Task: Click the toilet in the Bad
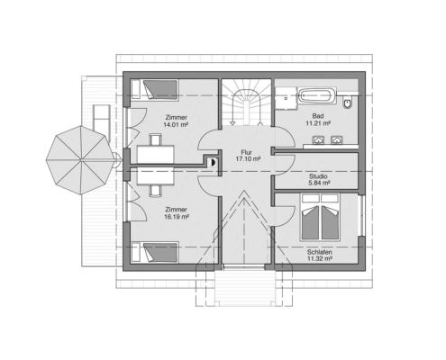coord(348,103)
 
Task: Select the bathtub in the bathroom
coord(317,95)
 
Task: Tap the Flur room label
coord(246,152)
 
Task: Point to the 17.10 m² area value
coord(248,159)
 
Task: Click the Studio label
coord(318,176)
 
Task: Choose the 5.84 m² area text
coord(319,183)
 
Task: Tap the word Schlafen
coord(319,252)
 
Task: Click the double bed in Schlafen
coord(320,217)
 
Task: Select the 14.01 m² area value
coord(176,124)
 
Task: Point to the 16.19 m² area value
coord(177,216)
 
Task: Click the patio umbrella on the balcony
coord(81,160)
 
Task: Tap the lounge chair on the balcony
coord(101,123)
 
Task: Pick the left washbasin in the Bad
coord(318,140)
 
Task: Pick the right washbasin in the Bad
coord(336,140)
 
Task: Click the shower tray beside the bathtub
coord(286,98)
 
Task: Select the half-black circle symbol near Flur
coord(213,162)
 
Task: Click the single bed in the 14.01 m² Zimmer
coord(155,89)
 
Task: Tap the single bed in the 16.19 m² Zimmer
coord(155,252)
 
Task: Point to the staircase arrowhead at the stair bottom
coord(232,123)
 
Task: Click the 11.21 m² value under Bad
coord(318,123)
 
